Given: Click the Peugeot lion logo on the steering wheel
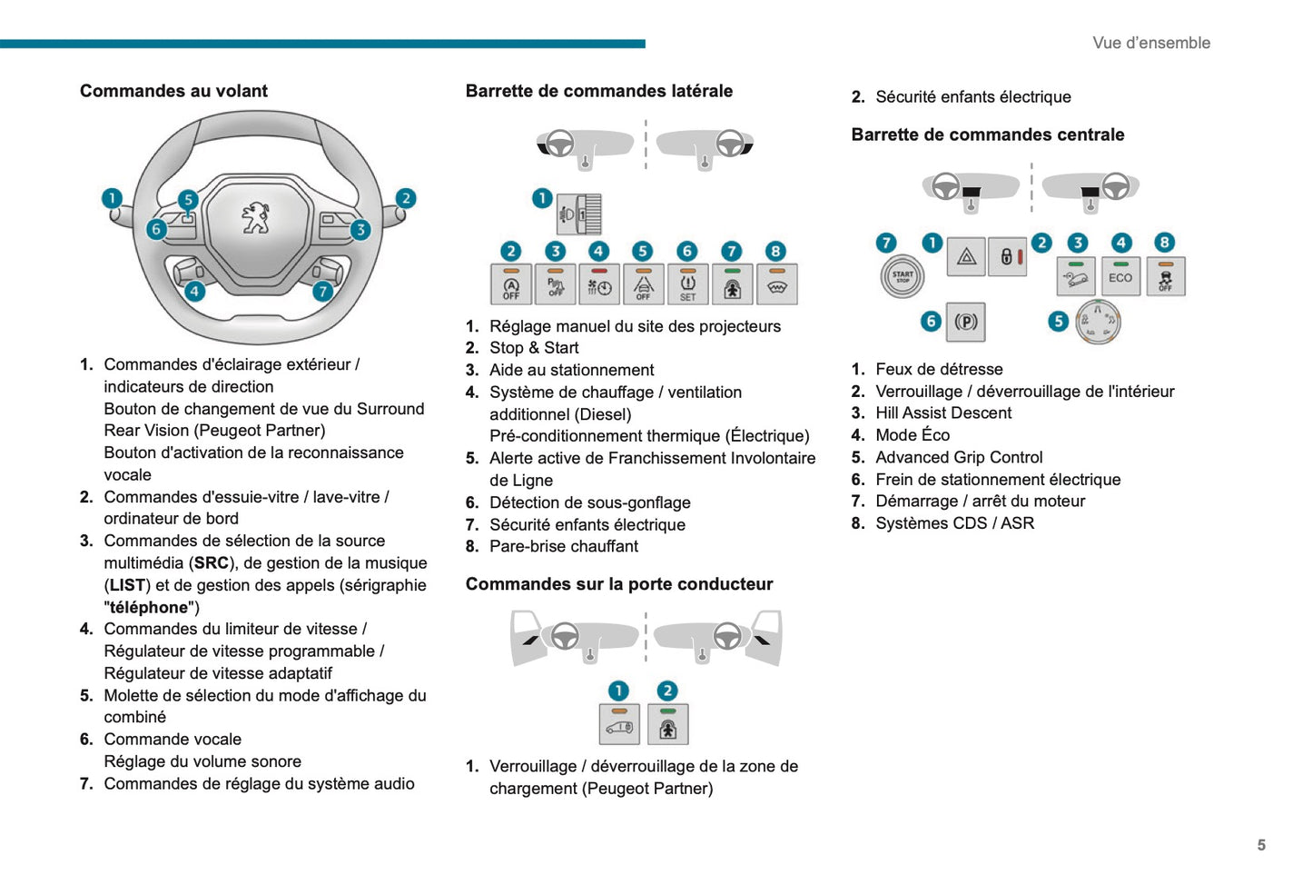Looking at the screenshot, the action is [256, 217].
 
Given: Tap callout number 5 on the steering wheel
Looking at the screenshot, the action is [188, 199].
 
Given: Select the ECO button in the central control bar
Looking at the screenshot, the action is [1120, 276].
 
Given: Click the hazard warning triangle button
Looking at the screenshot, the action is [966, 257].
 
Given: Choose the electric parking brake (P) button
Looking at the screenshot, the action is [966, 322].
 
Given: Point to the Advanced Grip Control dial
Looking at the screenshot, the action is [1098, 323].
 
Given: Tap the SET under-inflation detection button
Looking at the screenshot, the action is [687, 284].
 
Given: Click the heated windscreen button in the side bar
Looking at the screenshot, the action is [776, 284].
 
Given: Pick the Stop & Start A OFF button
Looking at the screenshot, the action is [511, 284].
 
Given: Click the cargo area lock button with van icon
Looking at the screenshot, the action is [620, 724].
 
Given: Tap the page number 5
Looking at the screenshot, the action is [1261, 844].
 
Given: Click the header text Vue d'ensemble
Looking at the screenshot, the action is [1151, 43].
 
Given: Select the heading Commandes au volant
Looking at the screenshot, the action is [173, 91].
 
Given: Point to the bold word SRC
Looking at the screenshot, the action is [211, 562].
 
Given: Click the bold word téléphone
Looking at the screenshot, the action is [149, 607].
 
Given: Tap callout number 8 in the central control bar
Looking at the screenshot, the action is [1164, 243].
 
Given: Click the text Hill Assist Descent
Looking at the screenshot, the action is [943, 413].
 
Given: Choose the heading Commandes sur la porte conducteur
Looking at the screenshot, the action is [619, 583].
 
